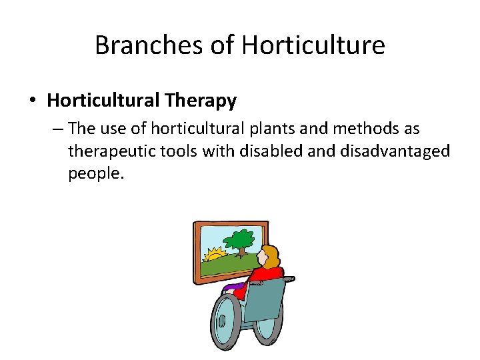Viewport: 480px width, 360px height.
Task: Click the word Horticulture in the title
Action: pos(313,45)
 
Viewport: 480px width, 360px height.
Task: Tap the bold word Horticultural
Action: pos(102,101)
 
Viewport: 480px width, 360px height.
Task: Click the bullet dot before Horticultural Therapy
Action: pos(33,101)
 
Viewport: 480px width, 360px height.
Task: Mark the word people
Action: pos(95,174)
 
